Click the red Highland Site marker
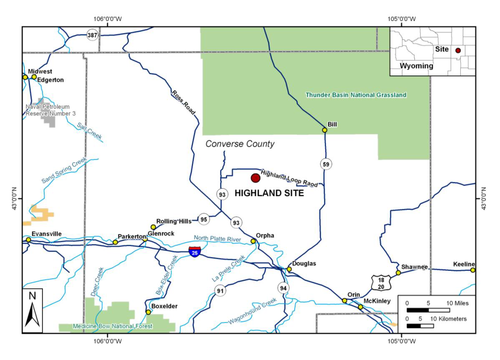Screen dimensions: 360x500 click(255, 178)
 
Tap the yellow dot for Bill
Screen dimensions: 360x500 click(324, 130)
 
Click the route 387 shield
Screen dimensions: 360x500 click(93, 35)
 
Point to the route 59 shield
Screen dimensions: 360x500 click(326, 164)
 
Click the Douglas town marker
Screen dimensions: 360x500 click(289, 269)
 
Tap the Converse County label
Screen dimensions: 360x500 click(241, 144)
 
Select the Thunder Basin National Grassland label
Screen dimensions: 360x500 click(356, 95)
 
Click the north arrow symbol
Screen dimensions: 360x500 click(33, 310)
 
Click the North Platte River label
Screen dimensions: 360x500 click(217, 238)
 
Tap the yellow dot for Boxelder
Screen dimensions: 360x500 click(148, 312)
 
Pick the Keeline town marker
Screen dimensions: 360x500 click(473, 270)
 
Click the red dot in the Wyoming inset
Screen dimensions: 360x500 click(458, 50)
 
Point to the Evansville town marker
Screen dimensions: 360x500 click(28, 240)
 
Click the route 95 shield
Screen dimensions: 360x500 click(204, 219)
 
